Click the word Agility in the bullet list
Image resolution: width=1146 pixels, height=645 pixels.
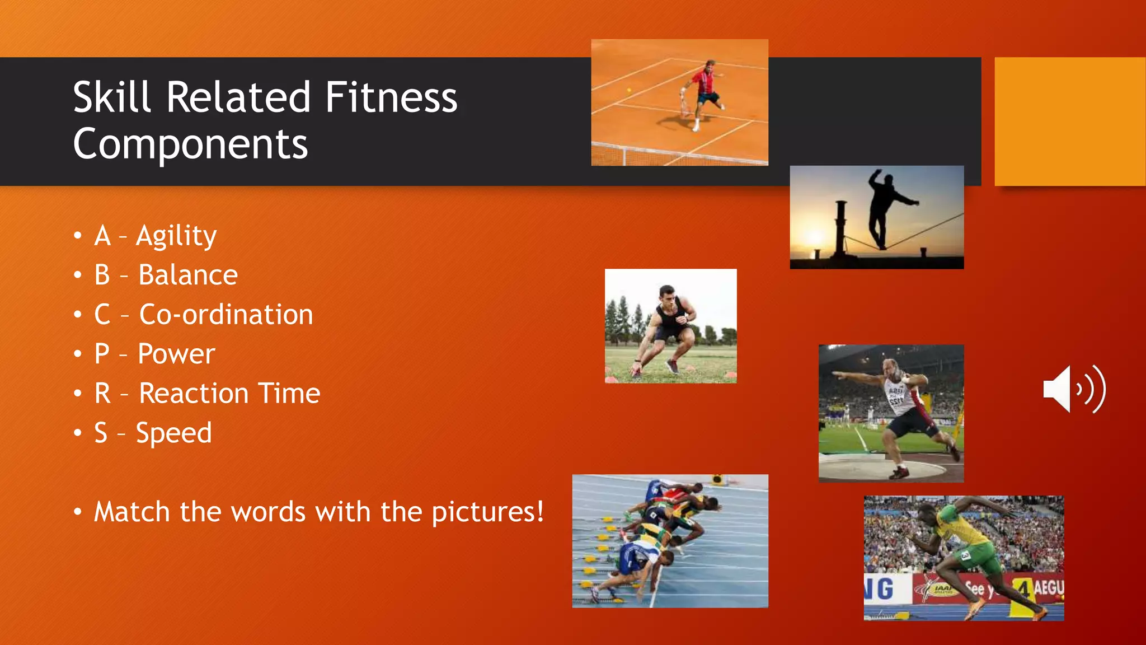pyautogui.click(x=176, y=236)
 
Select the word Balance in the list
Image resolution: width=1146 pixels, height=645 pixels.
pyautogui.click(x=188, y=275)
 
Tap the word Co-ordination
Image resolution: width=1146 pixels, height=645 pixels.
pyautogui.click(x=226, y=315)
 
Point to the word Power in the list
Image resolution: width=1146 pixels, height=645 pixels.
pyautogui.click(x=176, y=354)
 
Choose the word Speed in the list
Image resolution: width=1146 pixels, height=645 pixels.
pyautogui.click(x=174, y=433)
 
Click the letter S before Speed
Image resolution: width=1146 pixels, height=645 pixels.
pyautogui.click(x=101, y=433)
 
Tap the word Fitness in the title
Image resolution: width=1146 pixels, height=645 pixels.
pyautogui.click(x=391, y=97)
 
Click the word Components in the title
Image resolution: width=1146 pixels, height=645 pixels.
pyautogui.click(x=190, y=144)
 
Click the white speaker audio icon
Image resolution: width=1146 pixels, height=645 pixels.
pyautogui.click(x=1073, y=390)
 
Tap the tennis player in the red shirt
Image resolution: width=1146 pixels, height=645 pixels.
pyautogui.click(x=703, y=92)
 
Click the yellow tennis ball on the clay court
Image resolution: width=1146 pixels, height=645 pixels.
pyautogui.click(x=629, y=90)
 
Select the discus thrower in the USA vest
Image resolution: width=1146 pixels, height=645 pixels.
pyautogui.click(x=901, y=412)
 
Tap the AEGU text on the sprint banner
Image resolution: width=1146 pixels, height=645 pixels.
pyautogui.click(x=1048, y=588)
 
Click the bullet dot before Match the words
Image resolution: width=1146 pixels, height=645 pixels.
pyautogui.click(x=78, y=512)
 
